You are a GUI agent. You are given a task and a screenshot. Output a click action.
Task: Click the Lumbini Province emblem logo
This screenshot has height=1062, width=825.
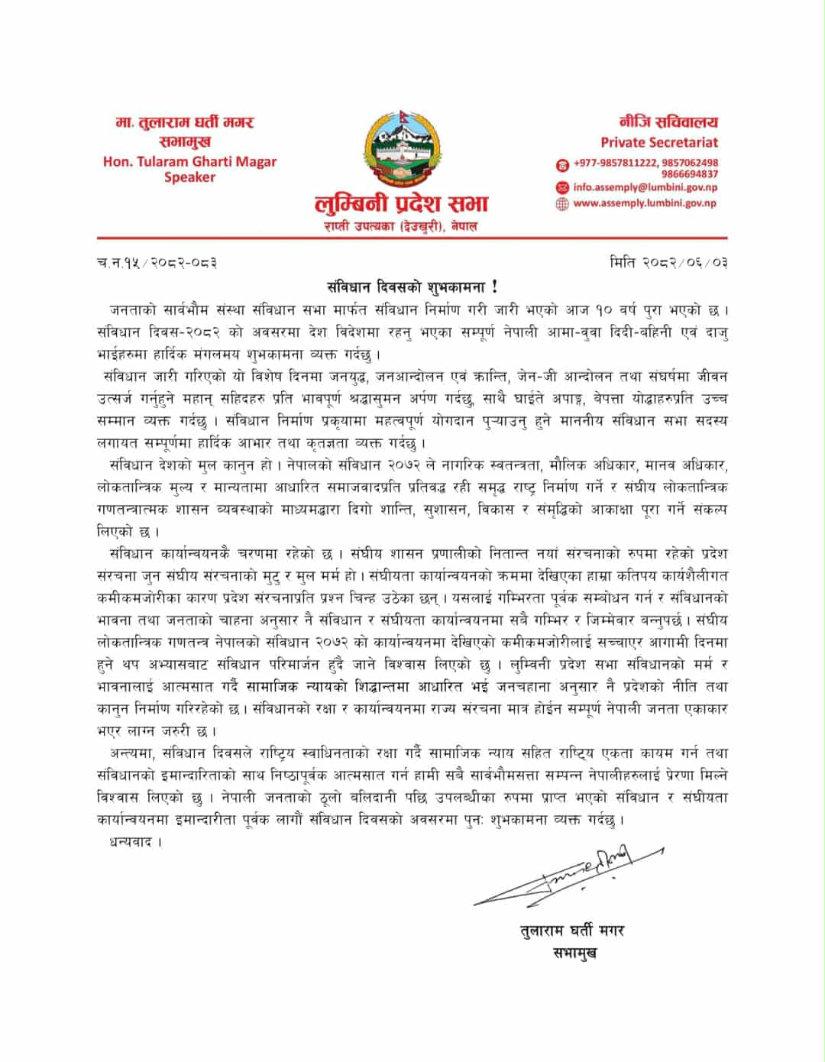(x=400, y=152)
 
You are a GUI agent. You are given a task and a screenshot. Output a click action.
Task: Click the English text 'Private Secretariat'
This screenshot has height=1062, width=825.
(x=658, y=142)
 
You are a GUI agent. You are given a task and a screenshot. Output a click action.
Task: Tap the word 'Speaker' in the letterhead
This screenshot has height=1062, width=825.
(x=189, y=177)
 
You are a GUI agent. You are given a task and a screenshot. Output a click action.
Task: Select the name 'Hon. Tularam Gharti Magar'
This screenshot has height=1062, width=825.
(x=189, y=161)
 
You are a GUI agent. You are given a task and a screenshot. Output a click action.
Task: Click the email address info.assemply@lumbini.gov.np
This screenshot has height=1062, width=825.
(x=645, y=187)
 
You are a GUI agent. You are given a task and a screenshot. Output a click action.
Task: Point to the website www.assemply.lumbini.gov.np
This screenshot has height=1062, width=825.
(x=645, y=203)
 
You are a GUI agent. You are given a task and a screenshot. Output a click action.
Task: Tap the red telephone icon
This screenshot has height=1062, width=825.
(x=562, y=164)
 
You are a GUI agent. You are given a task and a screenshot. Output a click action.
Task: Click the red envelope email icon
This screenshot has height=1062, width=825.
(x=562, y=187)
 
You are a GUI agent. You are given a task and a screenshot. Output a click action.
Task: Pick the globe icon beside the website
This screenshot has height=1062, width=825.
(x=562, y=204)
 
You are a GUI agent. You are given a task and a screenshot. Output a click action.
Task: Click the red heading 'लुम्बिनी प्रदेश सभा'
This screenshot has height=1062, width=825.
(x=401, y=205)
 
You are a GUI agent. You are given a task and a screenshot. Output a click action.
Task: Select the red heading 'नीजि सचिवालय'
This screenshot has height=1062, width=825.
(x=668, y=122)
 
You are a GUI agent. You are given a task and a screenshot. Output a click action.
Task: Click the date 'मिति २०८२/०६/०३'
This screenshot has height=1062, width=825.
(x=668, y=263)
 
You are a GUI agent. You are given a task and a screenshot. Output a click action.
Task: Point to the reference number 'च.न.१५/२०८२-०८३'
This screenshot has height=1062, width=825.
(x=157, y=263)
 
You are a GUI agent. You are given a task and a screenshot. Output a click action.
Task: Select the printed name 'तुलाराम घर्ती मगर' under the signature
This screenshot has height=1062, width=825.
(x=571, y=931)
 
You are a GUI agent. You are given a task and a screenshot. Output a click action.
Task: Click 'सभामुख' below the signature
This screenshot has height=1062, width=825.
(x=574, y=953)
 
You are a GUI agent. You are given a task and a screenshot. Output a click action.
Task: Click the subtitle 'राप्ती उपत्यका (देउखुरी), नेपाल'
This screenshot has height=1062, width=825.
(x=401, y=227)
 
